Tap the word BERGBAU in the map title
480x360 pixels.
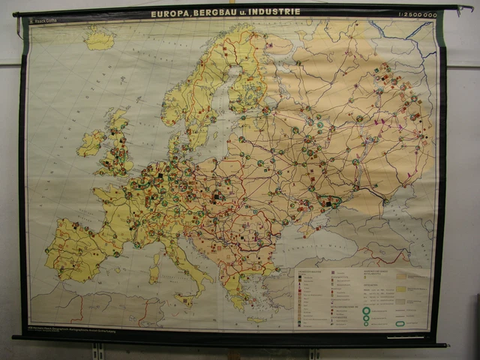pos(219,12)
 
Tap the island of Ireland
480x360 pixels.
pos(91,142)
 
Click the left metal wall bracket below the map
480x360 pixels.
pos(97,351)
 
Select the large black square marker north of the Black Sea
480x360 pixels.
pos(328,201)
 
